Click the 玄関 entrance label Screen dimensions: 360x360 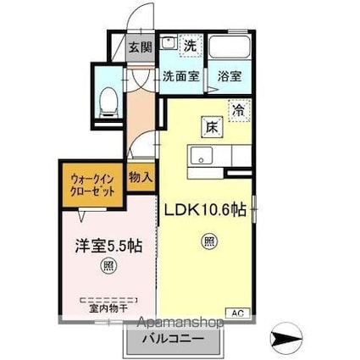coord(136,47)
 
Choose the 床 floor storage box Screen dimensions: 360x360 coord(210,127)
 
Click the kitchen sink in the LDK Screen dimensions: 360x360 coord(202,155)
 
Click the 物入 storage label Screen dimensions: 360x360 coord(141,178)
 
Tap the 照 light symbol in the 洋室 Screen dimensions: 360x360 coord(108,266)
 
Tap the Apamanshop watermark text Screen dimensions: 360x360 coord(173,323)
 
